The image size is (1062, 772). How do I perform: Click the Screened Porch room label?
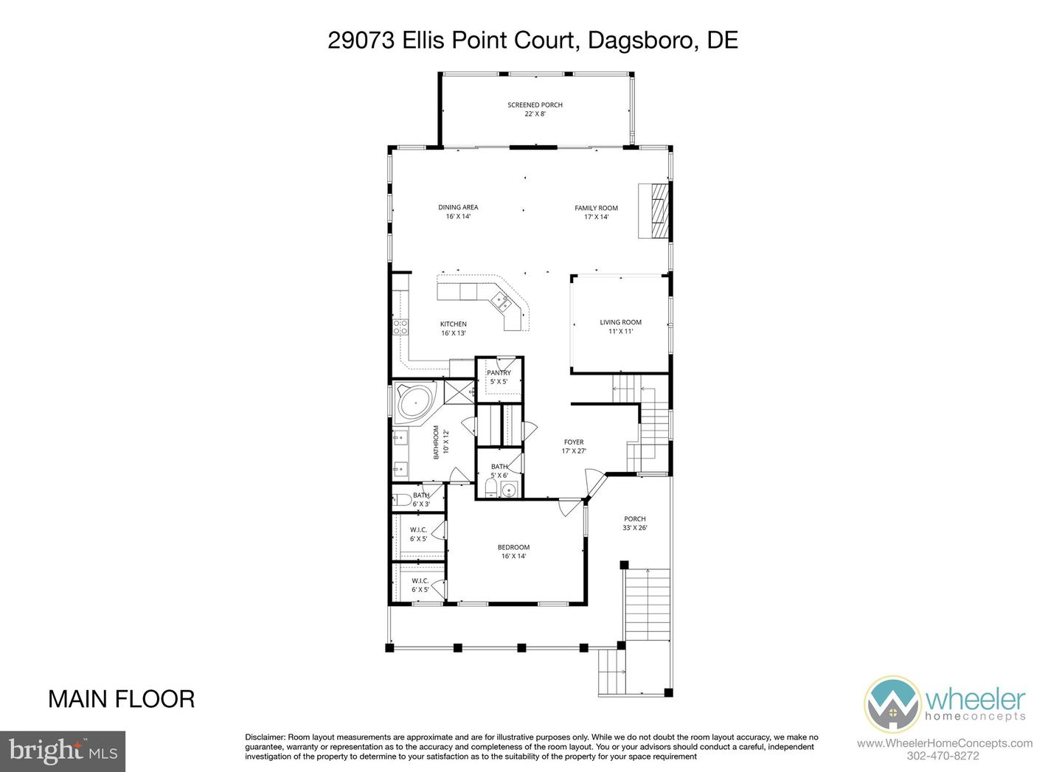tap(535, 109)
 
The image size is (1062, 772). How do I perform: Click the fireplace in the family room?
tap(655, 210)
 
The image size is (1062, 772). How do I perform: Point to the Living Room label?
tap(620, 327)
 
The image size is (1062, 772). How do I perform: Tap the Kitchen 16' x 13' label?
tap(454, 329)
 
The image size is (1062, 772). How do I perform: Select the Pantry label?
tap(499, 377)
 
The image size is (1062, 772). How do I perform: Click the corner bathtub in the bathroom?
tap(415, 403)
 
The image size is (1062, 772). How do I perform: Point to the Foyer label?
tap(573, 446)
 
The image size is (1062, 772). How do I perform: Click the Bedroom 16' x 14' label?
tap(513, 552)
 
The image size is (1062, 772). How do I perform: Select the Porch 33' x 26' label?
tap(634, 523)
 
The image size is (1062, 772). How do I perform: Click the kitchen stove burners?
tap(400, 327)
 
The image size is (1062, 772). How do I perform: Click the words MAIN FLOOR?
tap(122, 699)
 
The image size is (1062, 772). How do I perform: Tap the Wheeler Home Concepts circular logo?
tap(892, 705)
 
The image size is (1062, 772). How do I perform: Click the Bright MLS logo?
tap(63, 751)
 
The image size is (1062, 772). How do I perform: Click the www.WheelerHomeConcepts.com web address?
tap(944, 743)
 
